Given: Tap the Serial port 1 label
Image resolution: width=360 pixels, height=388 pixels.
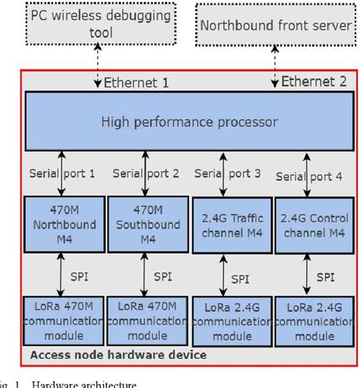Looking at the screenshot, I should pos(63,173).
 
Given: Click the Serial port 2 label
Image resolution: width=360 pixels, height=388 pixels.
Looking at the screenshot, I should pos(146,173).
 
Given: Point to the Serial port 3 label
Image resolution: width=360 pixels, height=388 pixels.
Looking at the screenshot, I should pos(228,174).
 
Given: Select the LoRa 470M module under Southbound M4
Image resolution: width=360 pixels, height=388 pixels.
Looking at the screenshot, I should pos(145,320).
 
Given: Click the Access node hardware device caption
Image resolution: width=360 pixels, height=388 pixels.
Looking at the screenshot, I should pos(117,355).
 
